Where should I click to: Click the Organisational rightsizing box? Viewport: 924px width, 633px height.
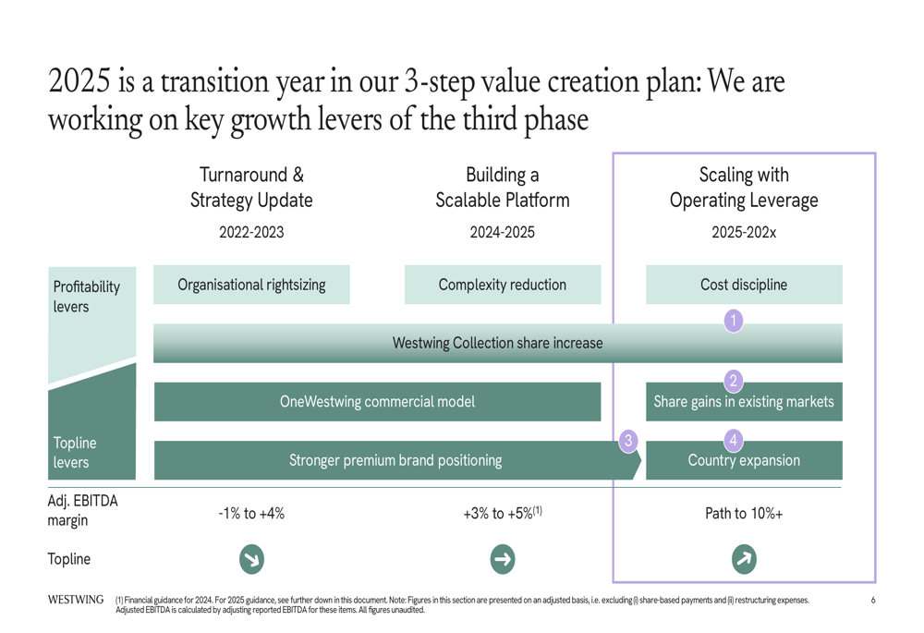251,285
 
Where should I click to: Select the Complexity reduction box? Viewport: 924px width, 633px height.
503,285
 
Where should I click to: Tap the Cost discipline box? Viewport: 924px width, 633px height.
744,285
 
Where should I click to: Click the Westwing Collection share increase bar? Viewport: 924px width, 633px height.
498,343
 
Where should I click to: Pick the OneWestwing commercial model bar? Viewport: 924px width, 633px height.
377,401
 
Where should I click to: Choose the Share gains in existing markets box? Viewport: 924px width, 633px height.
744,402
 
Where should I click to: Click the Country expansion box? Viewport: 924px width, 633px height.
744,460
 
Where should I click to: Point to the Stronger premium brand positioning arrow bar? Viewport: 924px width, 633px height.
396,460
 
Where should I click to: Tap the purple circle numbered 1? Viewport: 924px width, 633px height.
733,321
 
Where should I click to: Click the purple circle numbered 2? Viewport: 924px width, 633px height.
733,381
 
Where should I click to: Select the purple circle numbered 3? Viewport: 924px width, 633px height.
628,441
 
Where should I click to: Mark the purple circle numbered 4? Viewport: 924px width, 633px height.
733,440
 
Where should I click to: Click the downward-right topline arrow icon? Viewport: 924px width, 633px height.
251,559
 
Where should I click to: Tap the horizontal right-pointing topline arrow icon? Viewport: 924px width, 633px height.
503,559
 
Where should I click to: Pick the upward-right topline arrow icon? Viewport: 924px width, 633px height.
744,559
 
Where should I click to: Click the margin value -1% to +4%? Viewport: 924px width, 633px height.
251,514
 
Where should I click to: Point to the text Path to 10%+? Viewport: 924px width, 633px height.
744,514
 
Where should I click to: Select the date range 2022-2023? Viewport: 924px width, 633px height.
251,232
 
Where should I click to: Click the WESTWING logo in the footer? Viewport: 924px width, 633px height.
76,600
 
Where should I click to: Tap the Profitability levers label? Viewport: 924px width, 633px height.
87,297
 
